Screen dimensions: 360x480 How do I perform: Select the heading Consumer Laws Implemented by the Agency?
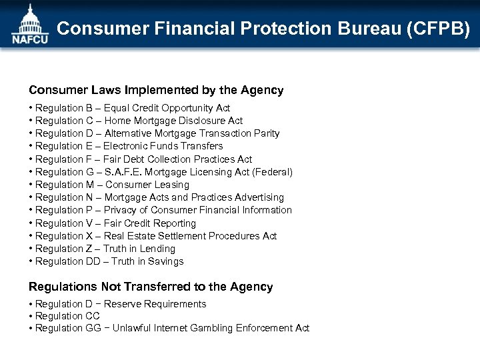(156, 90)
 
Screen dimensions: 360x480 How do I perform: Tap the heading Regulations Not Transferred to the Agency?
(151, 287)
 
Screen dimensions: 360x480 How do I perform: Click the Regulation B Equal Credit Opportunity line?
(132, 108)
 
